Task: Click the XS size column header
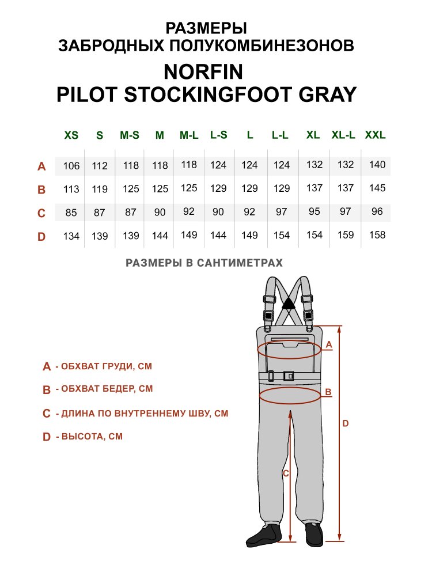(x=71, y=135)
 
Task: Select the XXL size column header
(x=375, y=135)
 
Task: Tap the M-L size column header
(x=189, y=135)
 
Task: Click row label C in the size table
(x=41, y=213)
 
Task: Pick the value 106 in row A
(x=71, y=166)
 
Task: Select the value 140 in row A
(x=377, y=165)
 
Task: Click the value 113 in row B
(x=71, y=189)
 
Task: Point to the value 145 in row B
(x=377, y=188)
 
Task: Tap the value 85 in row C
(x=71, y=213)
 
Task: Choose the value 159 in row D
(x=346, y=235)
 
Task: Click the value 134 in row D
(x=71, y=236)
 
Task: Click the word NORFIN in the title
(x=203, y=71)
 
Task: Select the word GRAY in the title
(x=327, y=94)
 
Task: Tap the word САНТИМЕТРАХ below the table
(x=240, y=263)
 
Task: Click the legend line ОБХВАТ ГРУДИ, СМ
(x=107, y=366)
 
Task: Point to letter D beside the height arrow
(x=345, y=423)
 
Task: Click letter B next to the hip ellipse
(x=328, y=392)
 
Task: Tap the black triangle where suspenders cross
(x=289, y=304)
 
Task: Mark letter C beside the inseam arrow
(x=286, y=474)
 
